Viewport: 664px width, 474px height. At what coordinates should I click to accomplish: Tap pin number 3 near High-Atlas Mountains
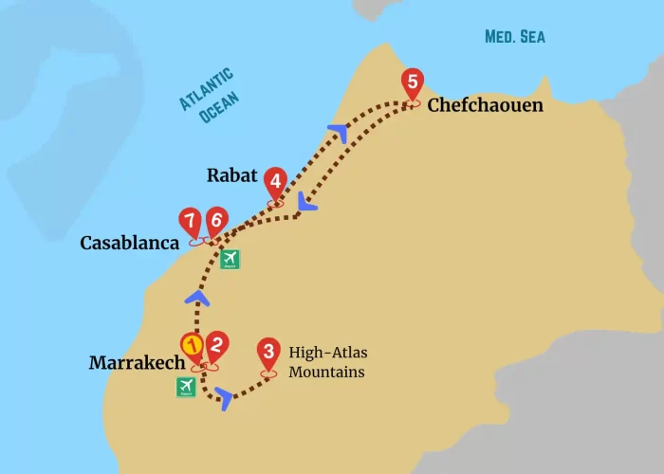coord(269,354)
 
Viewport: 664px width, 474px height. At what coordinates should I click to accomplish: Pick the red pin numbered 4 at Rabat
coord(275,180)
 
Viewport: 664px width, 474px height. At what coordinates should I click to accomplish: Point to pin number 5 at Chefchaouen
coord(412,82)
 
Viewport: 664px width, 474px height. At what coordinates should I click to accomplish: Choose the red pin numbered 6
coord(216,221)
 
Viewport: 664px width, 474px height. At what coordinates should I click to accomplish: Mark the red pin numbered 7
coord(192,223)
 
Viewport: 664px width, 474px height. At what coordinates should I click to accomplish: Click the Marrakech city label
coord(136,363)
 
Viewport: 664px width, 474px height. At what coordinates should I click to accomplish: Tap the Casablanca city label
coord(129,244)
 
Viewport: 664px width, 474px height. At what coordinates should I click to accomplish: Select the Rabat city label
coord(232,175)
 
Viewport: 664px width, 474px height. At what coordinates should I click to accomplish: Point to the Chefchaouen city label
coord(485,105)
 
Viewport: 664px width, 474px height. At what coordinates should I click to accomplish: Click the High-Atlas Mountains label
coord(327,362)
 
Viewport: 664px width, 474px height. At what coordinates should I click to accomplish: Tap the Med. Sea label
coord(515,37)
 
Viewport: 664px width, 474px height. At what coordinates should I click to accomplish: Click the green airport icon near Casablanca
coord(230,259)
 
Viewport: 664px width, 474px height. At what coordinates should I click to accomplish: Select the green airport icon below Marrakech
coord(186,387)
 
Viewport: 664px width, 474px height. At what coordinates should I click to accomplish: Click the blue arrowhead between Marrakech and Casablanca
coord(197,298)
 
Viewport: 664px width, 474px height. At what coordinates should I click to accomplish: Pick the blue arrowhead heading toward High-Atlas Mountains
coord(224,396)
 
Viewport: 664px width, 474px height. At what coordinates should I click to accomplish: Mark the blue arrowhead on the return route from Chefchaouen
coord(305,202)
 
